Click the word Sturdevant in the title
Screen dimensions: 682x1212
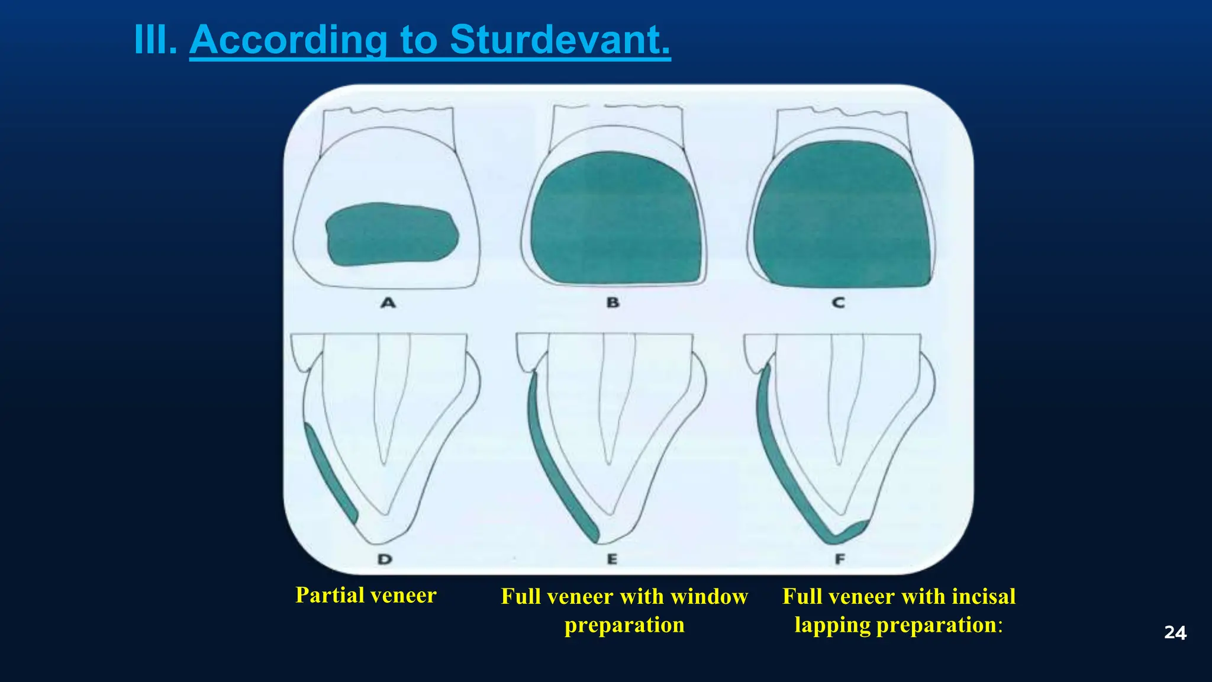point(560,40)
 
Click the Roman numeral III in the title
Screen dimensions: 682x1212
point(155,40)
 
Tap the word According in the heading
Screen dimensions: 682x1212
point(289,40)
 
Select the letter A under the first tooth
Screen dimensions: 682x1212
point(388,303)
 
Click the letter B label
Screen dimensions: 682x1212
point(613,303)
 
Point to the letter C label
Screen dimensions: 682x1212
point(839,303)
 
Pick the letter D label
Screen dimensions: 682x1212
point(385,559)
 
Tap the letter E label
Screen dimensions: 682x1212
point(612,559)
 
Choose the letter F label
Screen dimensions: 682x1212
point(840,559)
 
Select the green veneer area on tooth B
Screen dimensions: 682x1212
point(615,219)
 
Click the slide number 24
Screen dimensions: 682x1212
point(1175,633)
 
